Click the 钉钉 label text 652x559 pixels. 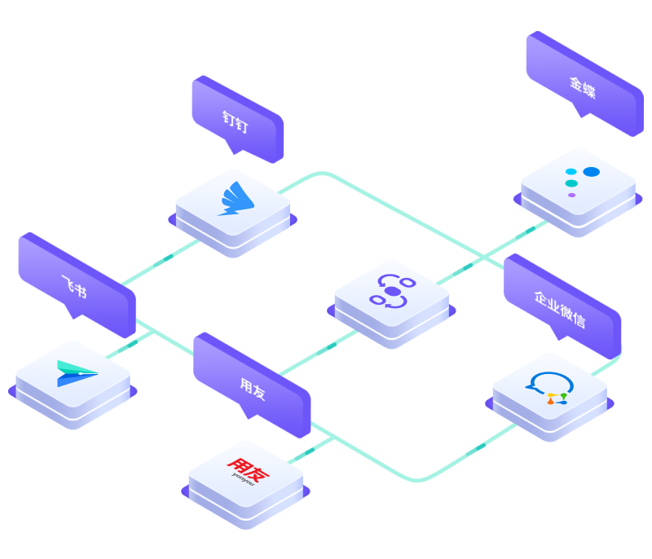[235, 121]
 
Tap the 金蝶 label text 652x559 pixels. [582, 88]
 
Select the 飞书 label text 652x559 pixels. [74, 286]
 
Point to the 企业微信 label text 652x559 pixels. [560, 310]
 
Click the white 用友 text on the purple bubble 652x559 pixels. [253, 389]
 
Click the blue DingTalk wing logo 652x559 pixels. [236, 199]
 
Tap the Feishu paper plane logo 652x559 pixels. [77, 373]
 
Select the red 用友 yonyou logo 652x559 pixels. [248, 471]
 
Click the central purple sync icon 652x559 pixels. [392, 292]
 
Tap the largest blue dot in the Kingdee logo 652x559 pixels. [592, 172]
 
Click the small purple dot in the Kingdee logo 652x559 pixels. [572, 195]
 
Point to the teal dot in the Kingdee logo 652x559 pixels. [571, 183]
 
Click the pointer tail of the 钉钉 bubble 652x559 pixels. [234, 147]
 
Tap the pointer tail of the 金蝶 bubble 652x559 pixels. [581, 111]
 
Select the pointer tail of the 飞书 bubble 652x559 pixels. [73, 312]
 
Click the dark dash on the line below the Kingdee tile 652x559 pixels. [531, 230]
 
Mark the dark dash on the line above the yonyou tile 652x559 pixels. [310, 451]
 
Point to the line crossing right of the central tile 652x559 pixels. [483, 257]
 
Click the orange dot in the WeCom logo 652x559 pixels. [551, 402]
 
